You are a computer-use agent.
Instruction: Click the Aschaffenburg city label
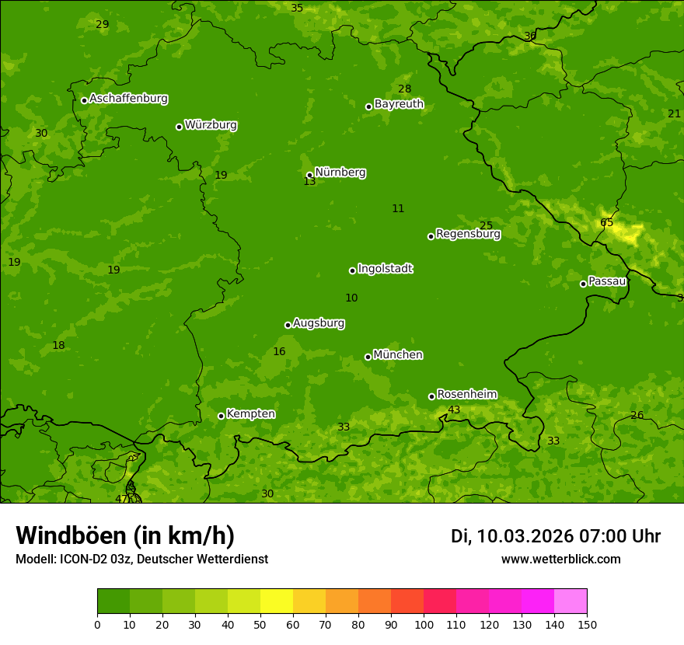[128, 99]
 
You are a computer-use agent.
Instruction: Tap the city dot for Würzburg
[179, 127]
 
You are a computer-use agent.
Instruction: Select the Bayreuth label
[399, 104]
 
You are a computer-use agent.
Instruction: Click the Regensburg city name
[468, 234]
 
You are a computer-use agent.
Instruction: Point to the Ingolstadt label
[385, 269]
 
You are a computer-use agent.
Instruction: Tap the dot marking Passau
[583, 284]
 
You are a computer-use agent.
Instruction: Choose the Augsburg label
[319, 323]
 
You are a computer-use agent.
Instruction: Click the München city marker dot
[368, 357]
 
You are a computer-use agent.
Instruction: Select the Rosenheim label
[466, 395]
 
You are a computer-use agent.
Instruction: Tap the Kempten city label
[250, 414]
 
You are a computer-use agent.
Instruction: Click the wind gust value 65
[606, 223]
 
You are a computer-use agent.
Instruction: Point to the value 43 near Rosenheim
[454, 410]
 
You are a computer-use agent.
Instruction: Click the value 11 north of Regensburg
[398, 208]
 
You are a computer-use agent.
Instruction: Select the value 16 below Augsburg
[279, 352]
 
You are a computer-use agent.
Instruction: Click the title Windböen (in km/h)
[125, 535]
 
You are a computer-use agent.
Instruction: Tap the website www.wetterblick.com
[560, 560]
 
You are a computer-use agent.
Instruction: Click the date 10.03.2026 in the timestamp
[525, 536]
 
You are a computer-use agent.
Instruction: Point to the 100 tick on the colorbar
[424, 624]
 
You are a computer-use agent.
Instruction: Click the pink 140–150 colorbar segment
[571, 601]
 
